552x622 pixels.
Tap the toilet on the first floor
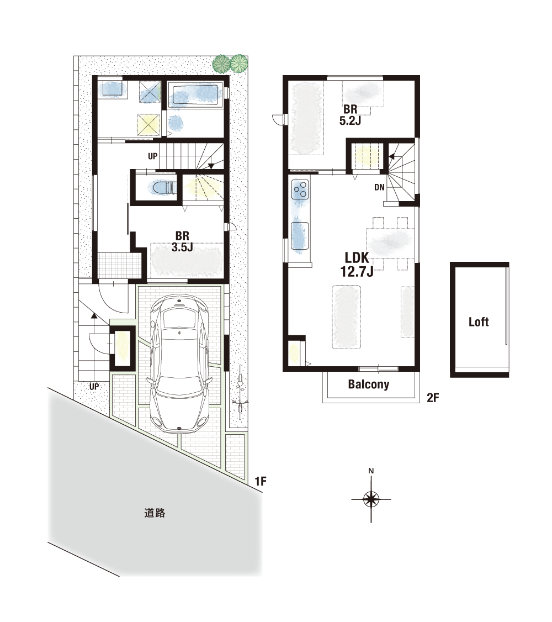point(163,188)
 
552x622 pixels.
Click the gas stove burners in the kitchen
point(300,189)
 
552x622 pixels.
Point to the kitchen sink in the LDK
point(300,237)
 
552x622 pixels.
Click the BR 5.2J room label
point(351,115)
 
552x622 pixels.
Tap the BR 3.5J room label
point(182,241)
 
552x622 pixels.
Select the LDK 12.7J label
point(357,264)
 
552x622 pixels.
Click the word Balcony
point(369,384)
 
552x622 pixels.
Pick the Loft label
point(479,321)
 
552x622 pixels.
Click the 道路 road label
point(155,513)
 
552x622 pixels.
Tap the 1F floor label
point(261,481)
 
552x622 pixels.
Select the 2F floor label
point(433,398)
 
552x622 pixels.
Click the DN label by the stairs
point(379,187)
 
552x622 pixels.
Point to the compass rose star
point(371,499)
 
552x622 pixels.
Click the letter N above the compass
point(371,471)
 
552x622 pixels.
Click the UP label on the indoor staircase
point(152,156)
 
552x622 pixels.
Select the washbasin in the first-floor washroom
point(112,88)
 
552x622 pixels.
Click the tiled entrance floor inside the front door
point(120,265)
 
